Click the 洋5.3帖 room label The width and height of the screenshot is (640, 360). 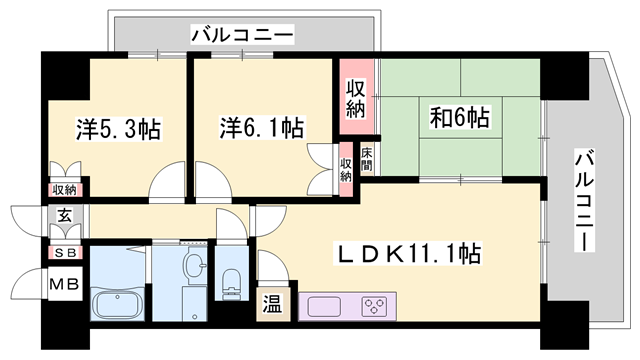click(x=119, y=129)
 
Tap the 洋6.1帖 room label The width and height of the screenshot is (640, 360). click(x=262, y=128)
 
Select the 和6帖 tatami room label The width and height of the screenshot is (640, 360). click(x=460, y=116)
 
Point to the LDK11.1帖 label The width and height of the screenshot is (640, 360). click(x=408, y=254)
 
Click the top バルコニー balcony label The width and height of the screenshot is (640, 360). click(x=243, y=36)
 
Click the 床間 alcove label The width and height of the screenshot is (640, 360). click(x=367, y=160)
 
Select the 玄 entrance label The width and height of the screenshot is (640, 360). click(x=63, y=216)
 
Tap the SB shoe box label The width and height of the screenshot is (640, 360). click(x=63, y=253)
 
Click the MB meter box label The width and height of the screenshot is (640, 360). click(x=63, y=287)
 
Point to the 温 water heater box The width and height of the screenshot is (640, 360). click(x=272, y=303)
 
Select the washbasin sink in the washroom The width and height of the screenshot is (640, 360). click(x=194, y=265)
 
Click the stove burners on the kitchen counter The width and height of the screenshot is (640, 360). click(x=375, y=304)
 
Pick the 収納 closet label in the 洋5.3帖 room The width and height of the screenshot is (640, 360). click(x=65, y=189)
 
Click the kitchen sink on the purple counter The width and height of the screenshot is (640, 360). click(x=322, y=304)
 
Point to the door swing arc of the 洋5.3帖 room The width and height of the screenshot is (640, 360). click(x=166, y=184)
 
